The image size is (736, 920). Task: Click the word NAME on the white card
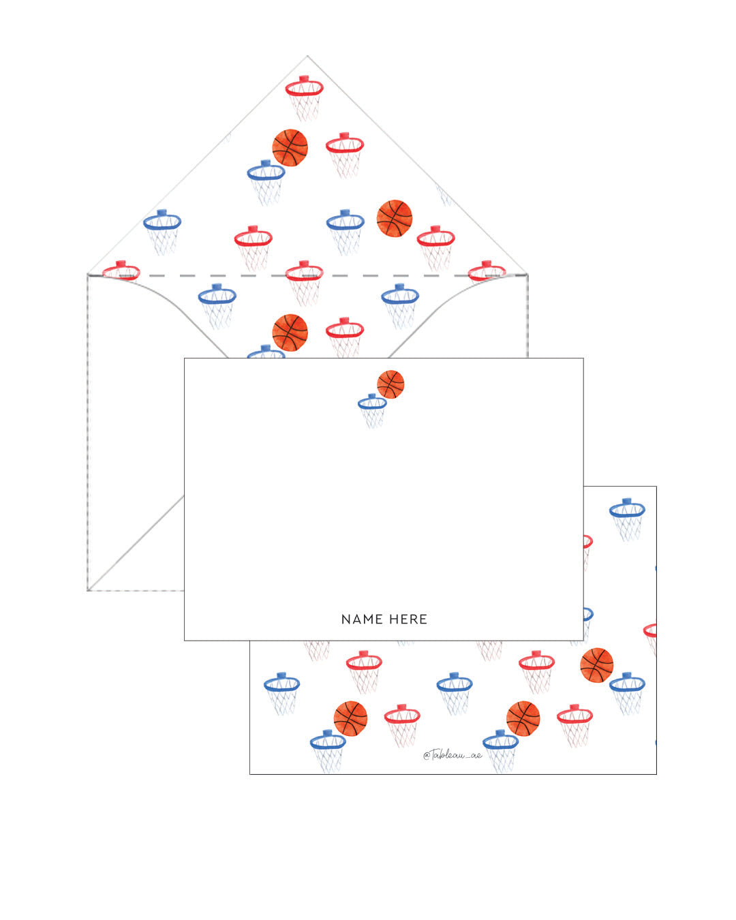pyautogui.click(x=362, y=619)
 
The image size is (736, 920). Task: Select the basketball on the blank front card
pyautogui.click(x=390, y=384)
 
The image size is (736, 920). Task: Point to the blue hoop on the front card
pyautogui.click(x=372, y=409)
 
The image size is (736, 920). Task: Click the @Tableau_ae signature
pyautogui.click(x=453, y=754)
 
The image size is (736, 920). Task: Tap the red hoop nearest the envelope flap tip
pyautogui.click(x=304, y=95)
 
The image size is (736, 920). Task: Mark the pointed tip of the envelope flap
pyautogui.click(x=307, y=56)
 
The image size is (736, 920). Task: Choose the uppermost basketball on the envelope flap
pyautogui.click(x=290, y=147)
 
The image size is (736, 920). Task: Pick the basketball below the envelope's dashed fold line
pyautogui.click(x=290, y=332)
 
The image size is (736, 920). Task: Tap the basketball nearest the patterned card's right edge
pyautogui.click(x=596, y=665)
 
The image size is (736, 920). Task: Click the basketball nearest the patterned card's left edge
pyautogui.click(x=350, y=718)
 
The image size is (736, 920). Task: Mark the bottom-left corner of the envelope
pyautogui.click(x=88, y=590)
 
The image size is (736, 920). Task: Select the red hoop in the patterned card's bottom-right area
pyautogui.click(x=574, y=724)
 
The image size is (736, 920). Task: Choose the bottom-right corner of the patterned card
pyautogui.click(x=656, y=773)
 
